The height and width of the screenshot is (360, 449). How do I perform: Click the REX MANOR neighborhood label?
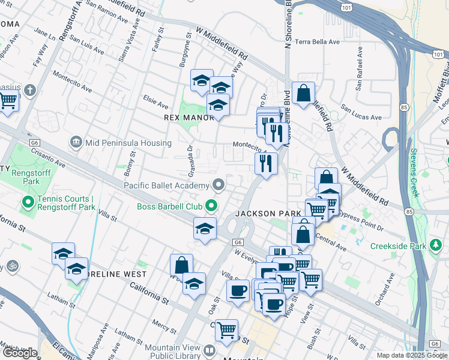pos(189,118)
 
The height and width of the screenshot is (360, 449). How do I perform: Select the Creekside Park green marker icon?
pos(436,246)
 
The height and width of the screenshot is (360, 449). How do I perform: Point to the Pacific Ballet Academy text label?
pos(166,185)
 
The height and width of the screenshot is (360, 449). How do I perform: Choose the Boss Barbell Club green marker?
pos(211,206)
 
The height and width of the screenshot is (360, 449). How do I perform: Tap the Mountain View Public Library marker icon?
pos(209,350)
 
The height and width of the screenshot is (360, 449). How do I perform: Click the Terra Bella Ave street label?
pos(317,42)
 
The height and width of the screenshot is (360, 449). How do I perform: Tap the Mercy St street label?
pos(164,325)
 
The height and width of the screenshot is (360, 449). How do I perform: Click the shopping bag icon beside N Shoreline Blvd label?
pos(304,94)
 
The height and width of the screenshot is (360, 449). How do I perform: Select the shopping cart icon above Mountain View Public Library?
pos(227,330)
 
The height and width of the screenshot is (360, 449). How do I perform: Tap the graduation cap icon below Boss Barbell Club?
pos(205,229)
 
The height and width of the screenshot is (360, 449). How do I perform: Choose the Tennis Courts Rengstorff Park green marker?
pos(27,203)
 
